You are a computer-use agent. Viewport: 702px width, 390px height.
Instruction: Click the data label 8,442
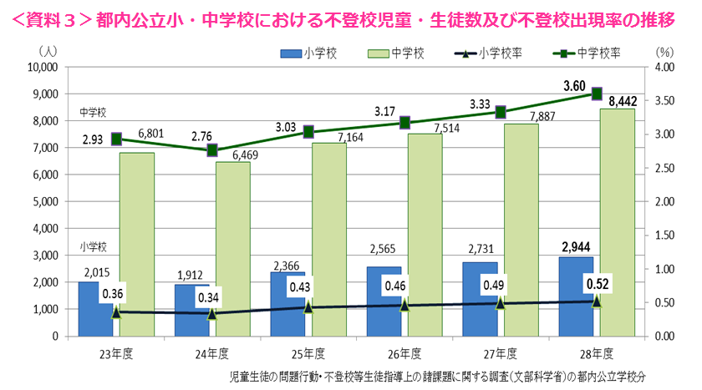click(x=622, y=101)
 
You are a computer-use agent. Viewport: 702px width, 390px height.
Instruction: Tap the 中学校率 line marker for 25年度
click(x=308, y=132)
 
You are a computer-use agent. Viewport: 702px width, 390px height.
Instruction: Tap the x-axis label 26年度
click(x=404, y=352)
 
